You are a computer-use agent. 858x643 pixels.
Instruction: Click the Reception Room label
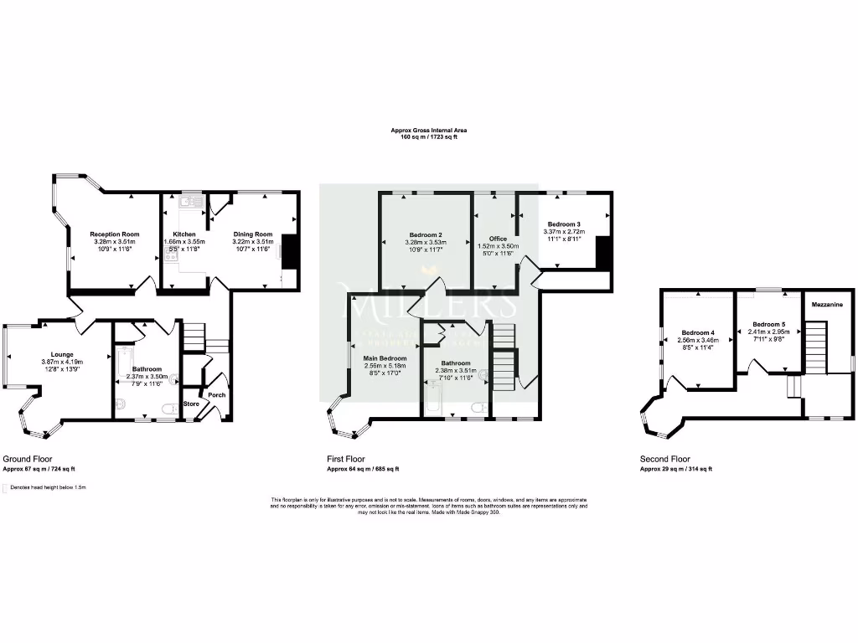(x=114, y=234)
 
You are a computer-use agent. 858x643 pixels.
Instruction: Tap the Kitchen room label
(x=184, y=234)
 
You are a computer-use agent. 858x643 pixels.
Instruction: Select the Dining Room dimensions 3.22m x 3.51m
(x=252, y=242)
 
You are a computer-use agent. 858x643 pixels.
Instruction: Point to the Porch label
(x=217, y=395)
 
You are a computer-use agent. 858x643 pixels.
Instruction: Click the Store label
(x=192, y=404)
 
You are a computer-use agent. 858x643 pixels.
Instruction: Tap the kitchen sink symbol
(x=191, y=201)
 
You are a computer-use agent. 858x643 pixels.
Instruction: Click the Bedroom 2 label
(x=426, y=234)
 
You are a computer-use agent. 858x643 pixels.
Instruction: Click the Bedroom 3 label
(x=564, y=224)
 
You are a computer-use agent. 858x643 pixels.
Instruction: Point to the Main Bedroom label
(x=385, y=358)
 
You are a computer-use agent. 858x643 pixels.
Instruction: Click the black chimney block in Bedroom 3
(x=602, y=252)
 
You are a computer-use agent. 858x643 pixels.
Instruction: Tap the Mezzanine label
(x=826, y=306)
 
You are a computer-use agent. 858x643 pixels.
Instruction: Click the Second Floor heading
(x=664, y=459)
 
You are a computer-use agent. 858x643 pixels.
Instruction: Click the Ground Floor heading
(x=28, y=459)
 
